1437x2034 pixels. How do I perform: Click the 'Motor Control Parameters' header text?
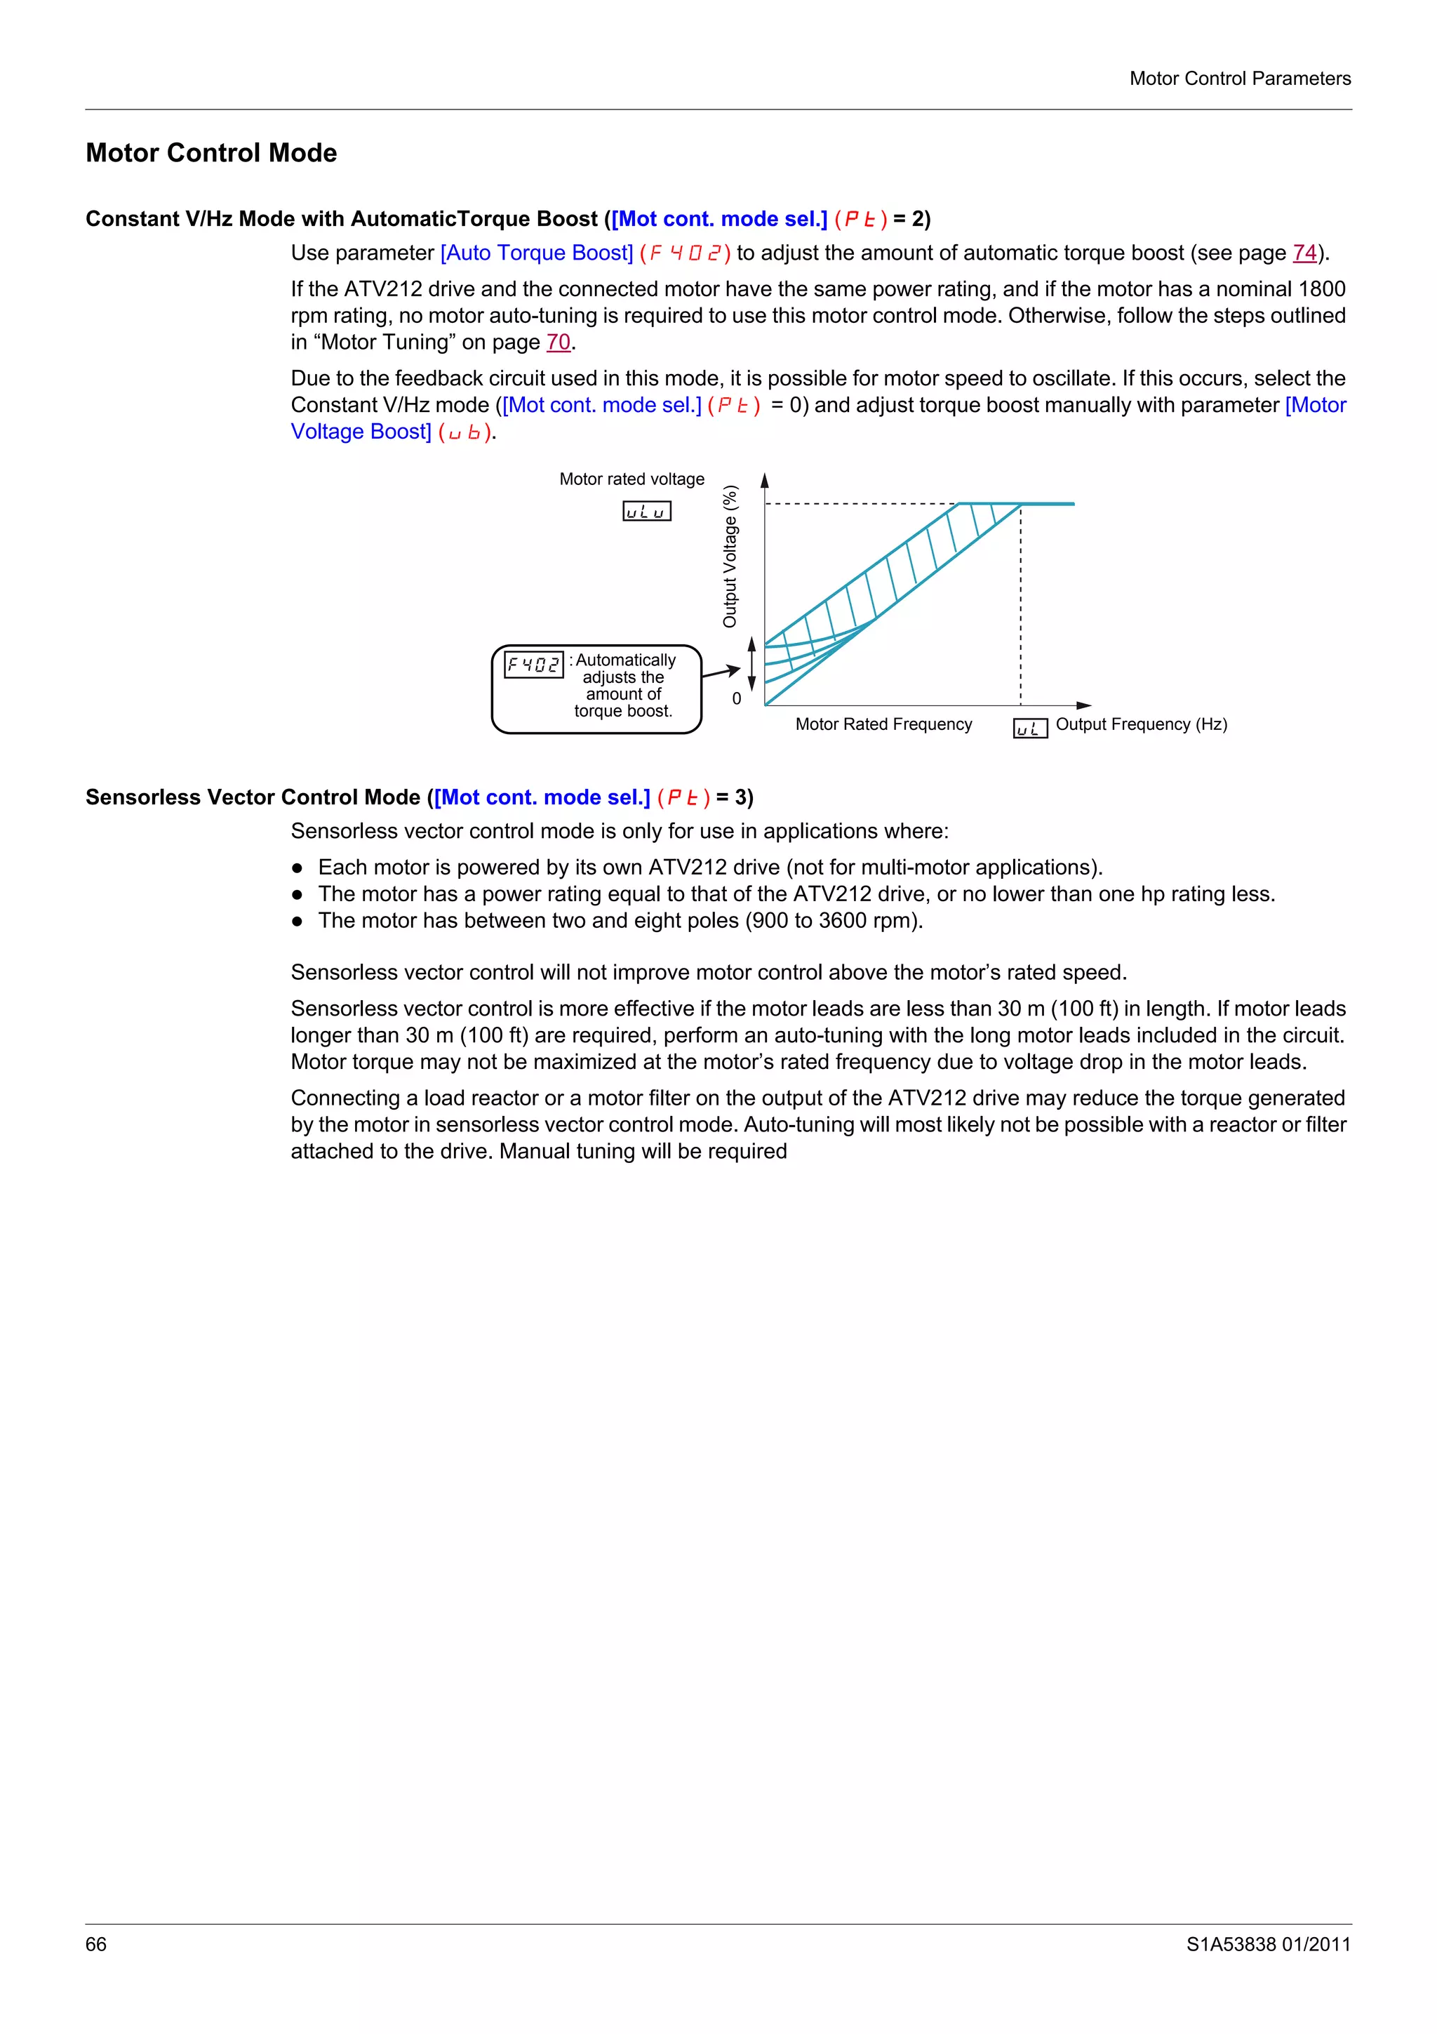pyautogui.click(x=1240, y=79)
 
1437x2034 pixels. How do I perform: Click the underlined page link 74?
pyautogui.click(x=1304, y=253)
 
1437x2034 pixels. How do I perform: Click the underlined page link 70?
pyautogui.click(x=558, y=343)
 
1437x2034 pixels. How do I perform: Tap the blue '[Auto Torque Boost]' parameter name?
pyautogui.click(x=537, y=253)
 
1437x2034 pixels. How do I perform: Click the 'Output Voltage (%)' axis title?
pyautogui.click(x=730, y=557)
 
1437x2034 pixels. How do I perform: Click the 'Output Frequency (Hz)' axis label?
pyautogui.click(x=1142, y=724)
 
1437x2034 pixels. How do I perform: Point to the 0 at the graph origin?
pyautogui.click(x=737, y=699)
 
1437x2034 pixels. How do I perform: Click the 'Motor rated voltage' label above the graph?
pyautogui.click(x=631, y=479)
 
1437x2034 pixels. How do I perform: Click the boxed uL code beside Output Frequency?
pyautogui.click(x=1030, y=729)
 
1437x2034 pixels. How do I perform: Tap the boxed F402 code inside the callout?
pyautogui.click(x=533, y=665)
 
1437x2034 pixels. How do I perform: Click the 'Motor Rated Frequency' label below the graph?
pyautogui.click(x=883, y=724)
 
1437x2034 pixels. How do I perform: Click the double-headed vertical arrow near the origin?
pyautogui.click(x=751, y=663)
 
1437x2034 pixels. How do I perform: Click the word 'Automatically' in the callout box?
pyautogui.click(x=625, y=660)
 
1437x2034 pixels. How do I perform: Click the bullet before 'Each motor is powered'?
pyautogui.click(x=298, y=868)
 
